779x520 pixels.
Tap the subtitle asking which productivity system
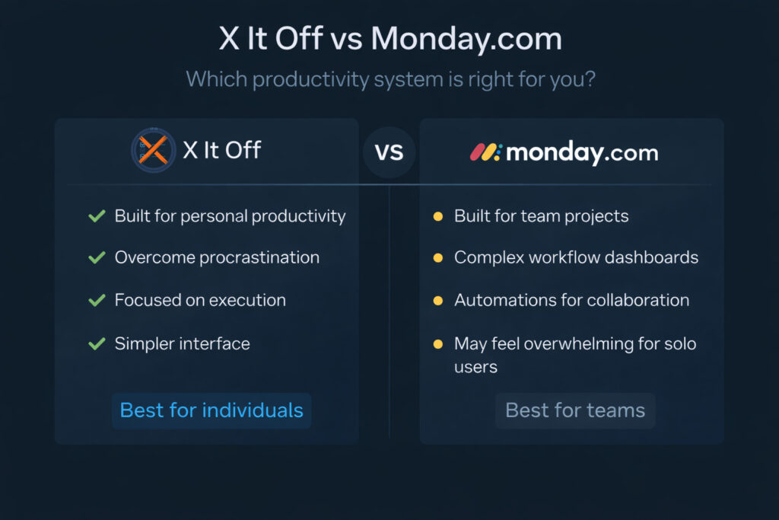click(390, 79)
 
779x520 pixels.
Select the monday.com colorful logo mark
click(485, 152)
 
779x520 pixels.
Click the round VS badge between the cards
click(389, 152)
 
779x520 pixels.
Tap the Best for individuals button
click(211, 410)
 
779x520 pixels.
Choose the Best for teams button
click(575, 411)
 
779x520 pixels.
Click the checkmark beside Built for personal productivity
click(97, 216)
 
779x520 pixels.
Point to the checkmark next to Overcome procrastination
click(97, 258)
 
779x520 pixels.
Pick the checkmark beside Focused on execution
click(97, 301)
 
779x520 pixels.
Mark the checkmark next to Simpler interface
click(97, 344)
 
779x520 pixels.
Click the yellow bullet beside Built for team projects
click(437, 217)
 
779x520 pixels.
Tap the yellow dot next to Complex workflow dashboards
click(437, 258)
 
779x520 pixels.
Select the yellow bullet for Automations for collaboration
click(437, 301)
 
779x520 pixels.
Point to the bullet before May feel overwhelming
click(437, 344)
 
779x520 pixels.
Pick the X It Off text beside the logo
click(221, 150)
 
